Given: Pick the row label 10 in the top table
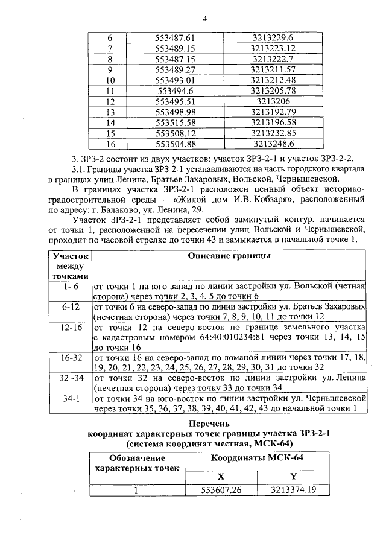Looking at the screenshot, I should tap(110, 80).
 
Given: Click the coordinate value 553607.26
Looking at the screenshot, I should tap(221, 490).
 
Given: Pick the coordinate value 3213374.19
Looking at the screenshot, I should tap(294, 490).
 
